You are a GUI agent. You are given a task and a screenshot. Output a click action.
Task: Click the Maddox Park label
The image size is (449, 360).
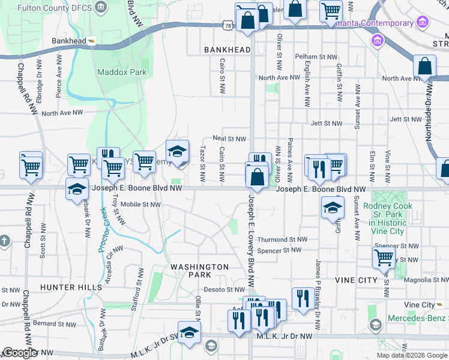[x=122, y=72]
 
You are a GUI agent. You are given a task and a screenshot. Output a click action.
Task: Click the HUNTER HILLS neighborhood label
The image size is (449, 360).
[x=71, y=287]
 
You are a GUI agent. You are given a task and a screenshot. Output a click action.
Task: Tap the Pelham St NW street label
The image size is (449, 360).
[x=314, y=56]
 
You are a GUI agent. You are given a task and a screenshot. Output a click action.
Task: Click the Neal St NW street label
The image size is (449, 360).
[x=229, y=139]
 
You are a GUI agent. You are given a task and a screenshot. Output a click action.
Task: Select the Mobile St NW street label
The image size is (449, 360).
[x=140, y=205]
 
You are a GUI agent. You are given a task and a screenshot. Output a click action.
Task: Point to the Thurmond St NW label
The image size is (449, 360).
[x=282, y=239]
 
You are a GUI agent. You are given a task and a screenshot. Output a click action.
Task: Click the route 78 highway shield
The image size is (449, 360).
[x=226, y=26]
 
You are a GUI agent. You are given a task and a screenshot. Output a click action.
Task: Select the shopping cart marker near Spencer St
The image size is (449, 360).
[x=384, y=257]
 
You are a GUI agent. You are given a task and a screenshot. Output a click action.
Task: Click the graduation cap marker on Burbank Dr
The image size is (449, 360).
[x=77, y=190]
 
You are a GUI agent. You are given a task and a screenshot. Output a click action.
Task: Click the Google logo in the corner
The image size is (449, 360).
[x=20, y=353]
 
